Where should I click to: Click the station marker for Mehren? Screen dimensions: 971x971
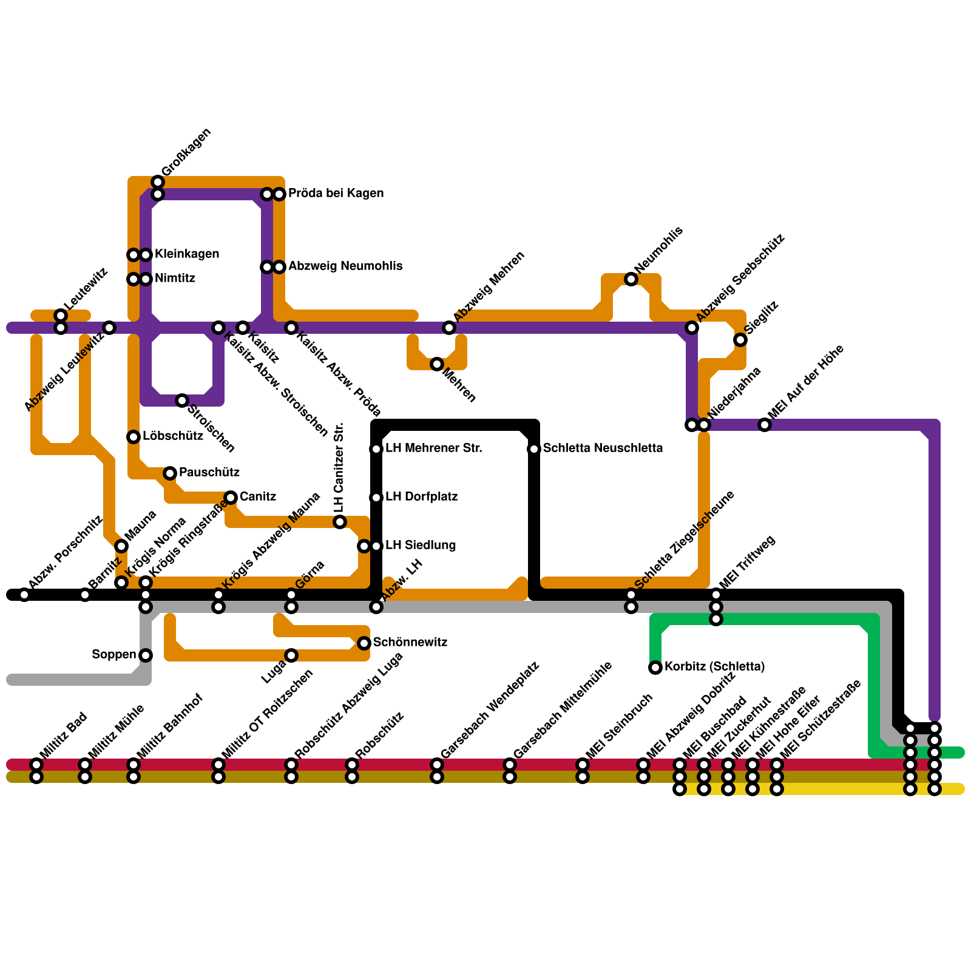point(437,364)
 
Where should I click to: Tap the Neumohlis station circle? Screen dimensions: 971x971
point(631,279)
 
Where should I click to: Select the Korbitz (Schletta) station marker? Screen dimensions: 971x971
point(655,668)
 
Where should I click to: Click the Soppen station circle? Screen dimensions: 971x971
point(146,655)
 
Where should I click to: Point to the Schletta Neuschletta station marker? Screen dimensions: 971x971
point(534,449)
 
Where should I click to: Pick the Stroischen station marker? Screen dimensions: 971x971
point(182,401)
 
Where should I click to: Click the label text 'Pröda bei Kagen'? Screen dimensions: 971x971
point(336,194)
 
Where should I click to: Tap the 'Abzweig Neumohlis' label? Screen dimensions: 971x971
point(345,266)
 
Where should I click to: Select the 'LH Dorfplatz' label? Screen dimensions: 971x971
point(421,497)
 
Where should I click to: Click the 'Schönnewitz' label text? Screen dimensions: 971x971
point(410,643)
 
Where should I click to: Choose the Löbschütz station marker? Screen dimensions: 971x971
point(134,437)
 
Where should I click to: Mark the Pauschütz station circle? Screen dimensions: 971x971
point(170,473)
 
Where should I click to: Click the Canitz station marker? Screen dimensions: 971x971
point(231,498)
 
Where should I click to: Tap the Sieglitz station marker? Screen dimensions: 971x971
point(740,340)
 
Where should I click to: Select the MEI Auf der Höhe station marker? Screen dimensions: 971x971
point(765,425)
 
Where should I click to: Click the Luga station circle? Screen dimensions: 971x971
point(291,655)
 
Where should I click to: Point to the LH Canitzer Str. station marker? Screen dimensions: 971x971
point(340,522)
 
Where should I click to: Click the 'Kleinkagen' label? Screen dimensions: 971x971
point(187,254)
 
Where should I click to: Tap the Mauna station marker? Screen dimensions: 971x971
point(121,546)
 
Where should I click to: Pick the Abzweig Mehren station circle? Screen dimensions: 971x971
point(449,328)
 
